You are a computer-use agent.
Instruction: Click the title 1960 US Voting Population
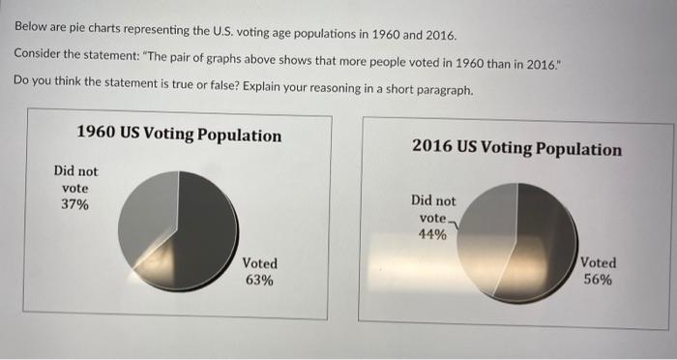click(179, 135)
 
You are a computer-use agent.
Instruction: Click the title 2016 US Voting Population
click(516, 149)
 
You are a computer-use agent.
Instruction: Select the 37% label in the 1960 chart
click(74, 205)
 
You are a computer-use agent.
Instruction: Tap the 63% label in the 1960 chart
click(259, 280)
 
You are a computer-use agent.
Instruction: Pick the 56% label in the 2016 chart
click(597, 280)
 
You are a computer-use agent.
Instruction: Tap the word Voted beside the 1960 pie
click(259, 263)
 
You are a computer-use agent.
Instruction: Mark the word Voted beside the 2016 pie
click(598, 262)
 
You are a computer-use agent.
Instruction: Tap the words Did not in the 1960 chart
click(75, 171)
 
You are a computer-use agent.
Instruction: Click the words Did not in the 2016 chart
click(433, 200)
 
